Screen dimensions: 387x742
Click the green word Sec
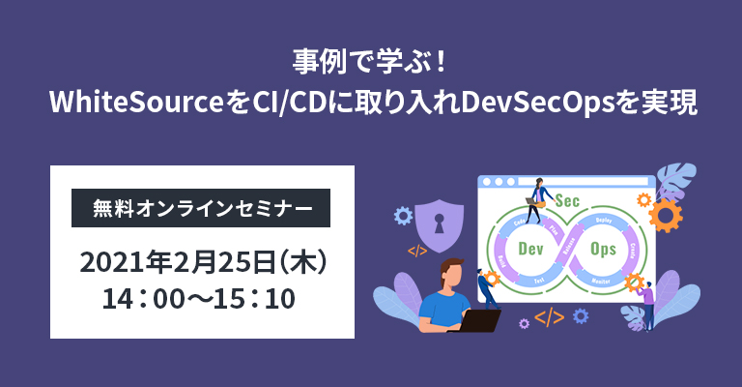point(568,200)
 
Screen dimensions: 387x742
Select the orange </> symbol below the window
point(549,315)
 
